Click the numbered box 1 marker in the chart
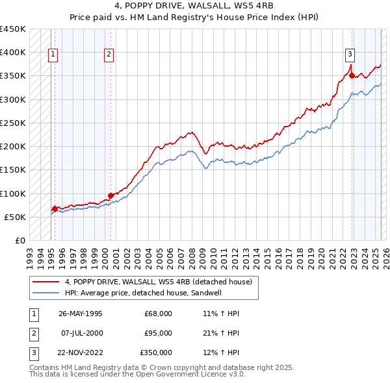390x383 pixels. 52,55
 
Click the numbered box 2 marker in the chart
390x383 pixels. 109,55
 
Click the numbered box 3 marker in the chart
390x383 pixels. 350,55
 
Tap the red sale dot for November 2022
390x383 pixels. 352,75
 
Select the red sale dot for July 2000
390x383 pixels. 110,195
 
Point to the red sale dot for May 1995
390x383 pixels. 55,208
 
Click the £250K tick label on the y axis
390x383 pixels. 12,123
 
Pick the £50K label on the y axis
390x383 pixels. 15,217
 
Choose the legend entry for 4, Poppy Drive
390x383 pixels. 162,282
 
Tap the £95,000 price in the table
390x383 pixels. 158,333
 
